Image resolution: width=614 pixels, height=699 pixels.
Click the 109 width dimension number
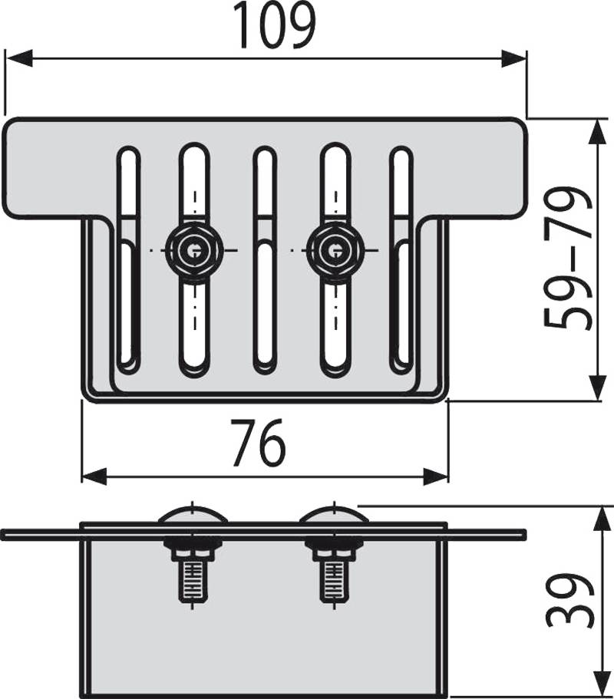[x=274, y=25]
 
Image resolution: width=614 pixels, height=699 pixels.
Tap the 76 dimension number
[x=259, y=443]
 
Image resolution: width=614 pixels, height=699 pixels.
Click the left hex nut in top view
[x=193, y=251]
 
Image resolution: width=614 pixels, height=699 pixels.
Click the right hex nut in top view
[x=335, y=251]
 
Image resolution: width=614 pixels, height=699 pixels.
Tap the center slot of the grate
[x=264, y=260]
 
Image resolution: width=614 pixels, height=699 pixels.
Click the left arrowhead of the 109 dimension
[x=18, y=58]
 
